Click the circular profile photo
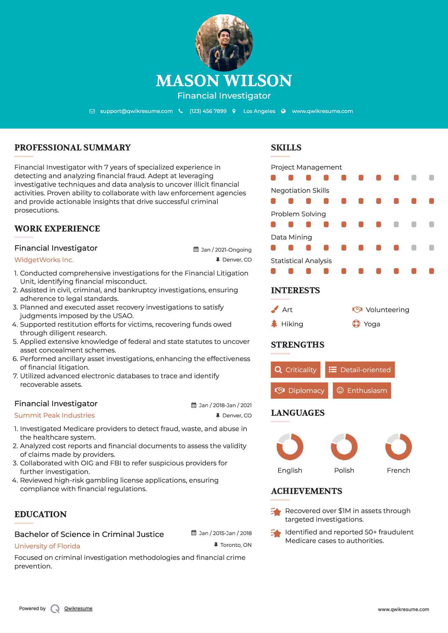click(224, 43)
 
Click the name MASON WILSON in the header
click(224, 81)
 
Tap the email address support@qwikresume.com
click(136, 111)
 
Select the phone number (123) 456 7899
click(208, 111)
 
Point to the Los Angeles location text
click(259, 111)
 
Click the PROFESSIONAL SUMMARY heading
click(73, 148)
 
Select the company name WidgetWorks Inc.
click(44, 260)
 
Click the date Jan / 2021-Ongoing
click(226, 250)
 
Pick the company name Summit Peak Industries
click(54, 415)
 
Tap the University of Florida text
click(47, 546)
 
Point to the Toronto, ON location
click(236, 545)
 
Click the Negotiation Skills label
click(300, 191)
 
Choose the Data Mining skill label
click(291, 237)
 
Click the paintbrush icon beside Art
click(274, 310)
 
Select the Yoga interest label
click(372, 324)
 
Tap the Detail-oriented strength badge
click(360, 370)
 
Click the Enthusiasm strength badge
click(362, 390)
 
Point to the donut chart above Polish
click(344, 447)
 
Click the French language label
click(398, 470)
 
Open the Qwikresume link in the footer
click(78, 609)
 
